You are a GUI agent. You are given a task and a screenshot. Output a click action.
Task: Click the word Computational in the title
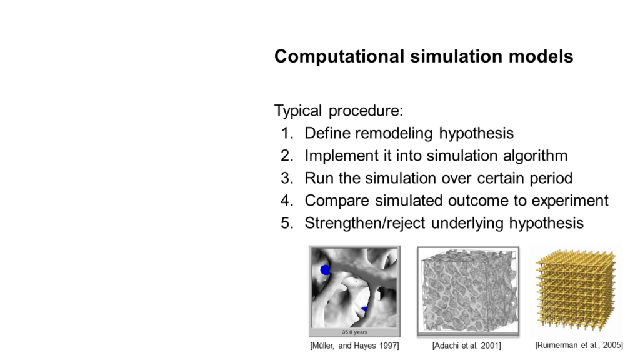click(339, 57)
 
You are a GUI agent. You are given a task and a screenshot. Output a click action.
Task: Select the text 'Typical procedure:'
click(339, 111)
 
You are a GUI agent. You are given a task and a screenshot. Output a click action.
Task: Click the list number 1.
click(287, 133)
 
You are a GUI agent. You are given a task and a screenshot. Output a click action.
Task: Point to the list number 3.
click(287, 178)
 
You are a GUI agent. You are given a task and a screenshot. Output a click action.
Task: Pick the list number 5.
click(287, 223)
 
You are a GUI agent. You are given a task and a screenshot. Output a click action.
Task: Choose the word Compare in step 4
click(337, 201)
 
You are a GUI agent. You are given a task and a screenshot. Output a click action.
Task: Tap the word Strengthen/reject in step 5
click(365, 223)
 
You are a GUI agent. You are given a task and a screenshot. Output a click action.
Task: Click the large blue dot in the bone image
click(325, 270)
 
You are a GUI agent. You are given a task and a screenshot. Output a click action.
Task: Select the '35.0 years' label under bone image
click(354, 332)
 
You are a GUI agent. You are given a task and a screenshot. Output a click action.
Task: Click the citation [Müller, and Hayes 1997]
click(355, 346)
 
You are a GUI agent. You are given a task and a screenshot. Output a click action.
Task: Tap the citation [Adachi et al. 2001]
click(466, 346)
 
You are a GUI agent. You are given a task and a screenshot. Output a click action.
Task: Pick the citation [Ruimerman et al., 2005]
click(579, 345)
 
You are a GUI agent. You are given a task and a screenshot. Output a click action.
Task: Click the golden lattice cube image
click(576, 289)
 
